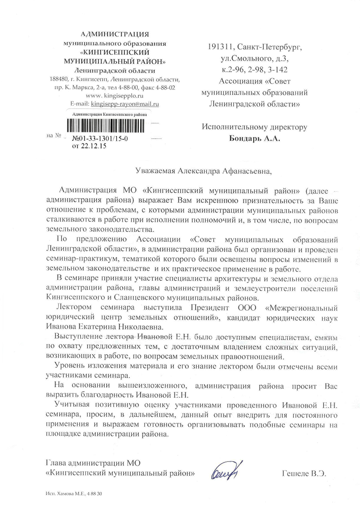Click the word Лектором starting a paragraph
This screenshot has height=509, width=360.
[71, 307]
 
